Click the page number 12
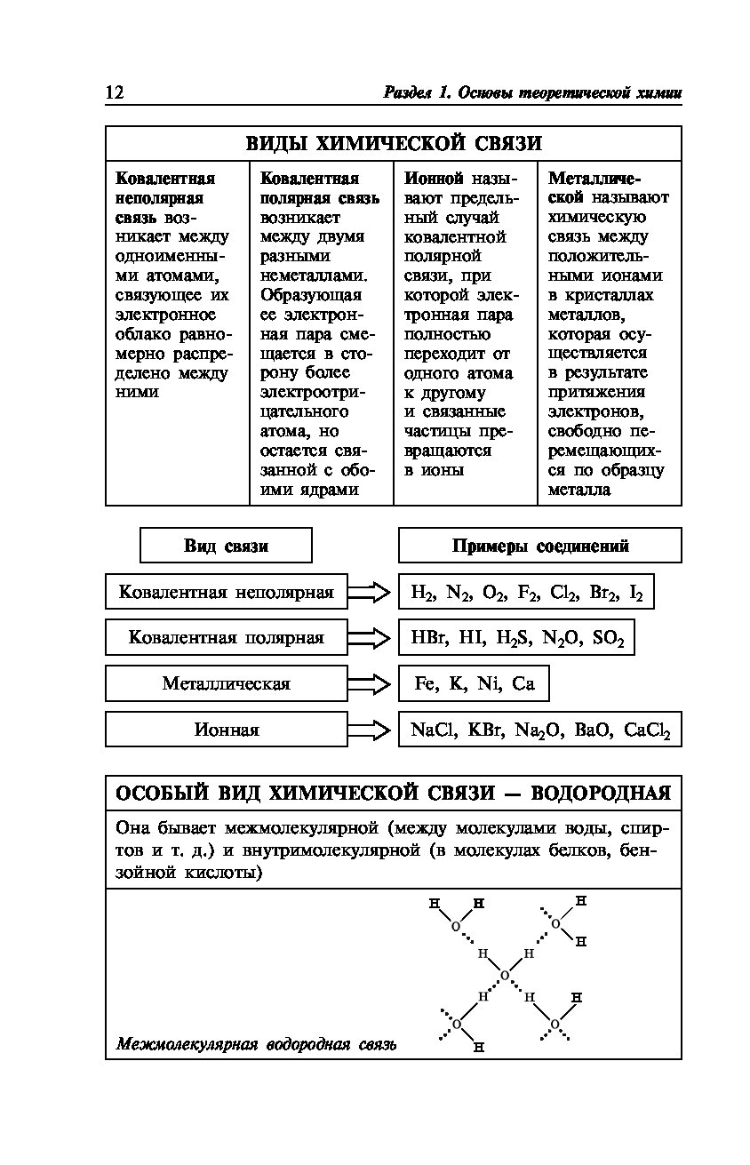(114, 92)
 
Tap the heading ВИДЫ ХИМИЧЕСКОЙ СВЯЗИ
(393, 144)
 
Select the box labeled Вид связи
(226, 546)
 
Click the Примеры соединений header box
(539, 546)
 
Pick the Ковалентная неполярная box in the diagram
(226, 592)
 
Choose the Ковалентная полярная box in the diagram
(226, 638)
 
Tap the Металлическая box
(226, 684)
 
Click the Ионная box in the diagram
(226, 730)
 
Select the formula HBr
(430, 638)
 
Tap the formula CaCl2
(647, 731)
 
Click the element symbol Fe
(426, 684)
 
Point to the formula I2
(634, 593)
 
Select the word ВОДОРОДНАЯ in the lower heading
(605, 793)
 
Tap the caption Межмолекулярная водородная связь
(256, 1044)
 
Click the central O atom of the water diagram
(505, 976)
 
